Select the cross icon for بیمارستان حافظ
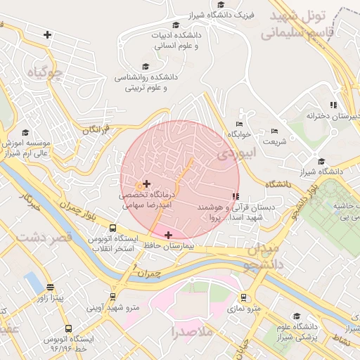pyautogui.click(x=168, y=235)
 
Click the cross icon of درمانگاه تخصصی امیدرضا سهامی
pyautogui.click(x=146, y=184)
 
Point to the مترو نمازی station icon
pyautogui.click(x=243, y=297)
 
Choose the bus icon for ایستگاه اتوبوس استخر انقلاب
pyautogui.click(x=112, y=229)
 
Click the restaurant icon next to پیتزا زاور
pyautogui.click(x=50, y=287)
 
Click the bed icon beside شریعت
pyautogui.click(x=274, y=131)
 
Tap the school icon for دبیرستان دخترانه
pyautogui.click(x=334, y=105)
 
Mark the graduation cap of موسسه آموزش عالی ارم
pyautogui.click(x=26, y=132)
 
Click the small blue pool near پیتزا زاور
pyautogui.click(x=33, y=283)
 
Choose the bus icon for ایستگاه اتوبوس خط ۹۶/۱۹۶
pyautogui.click(x=68, y=328)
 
